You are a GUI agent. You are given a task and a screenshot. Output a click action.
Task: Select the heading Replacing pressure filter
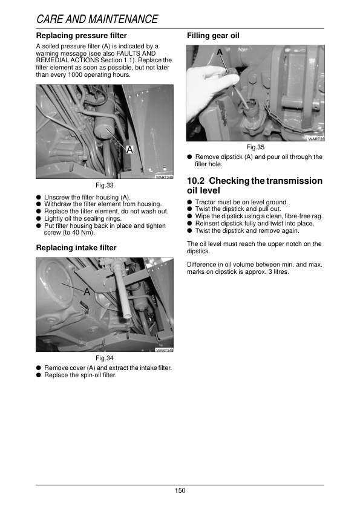point(82,36)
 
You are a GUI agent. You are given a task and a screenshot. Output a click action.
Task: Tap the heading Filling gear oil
point(214,36)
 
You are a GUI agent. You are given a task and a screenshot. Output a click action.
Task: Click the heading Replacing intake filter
point(76,247)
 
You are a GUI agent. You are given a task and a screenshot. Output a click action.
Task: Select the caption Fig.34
point(105,358)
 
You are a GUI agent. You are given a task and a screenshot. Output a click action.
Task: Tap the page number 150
point(180,490)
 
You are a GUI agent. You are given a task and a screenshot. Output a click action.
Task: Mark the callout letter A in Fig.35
point(220,53)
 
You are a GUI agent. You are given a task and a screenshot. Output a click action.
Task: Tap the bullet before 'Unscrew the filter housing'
point(39,198)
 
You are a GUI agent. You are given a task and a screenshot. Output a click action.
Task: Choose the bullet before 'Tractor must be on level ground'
point(190,203)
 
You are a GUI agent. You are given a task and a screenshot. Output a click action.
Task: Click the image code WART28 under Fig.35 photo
point(316,139)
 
